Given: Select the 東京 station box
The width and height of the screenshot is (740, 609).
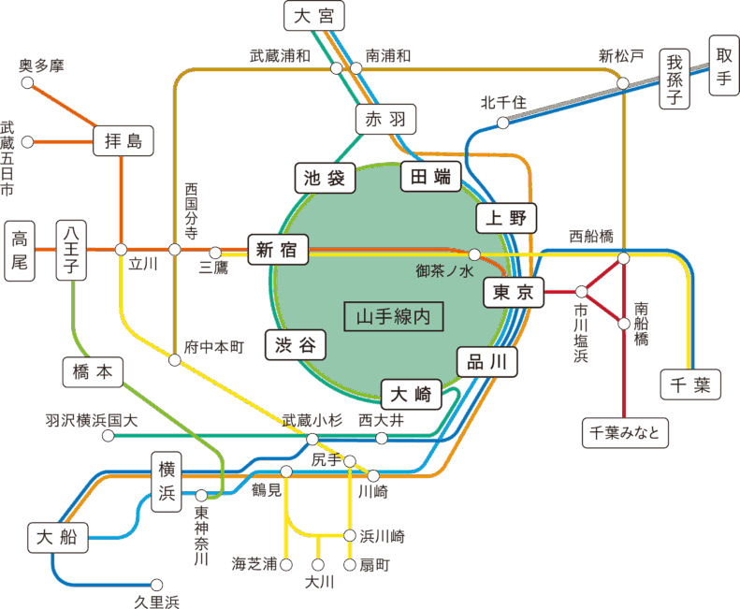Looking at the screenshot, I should click(513, 293).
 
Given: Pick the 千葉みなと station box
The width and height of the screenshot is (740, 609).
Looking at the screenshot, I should click(626, 433).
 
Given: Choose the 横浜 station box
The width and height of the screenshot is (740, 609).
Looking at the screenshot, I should click(167, 482).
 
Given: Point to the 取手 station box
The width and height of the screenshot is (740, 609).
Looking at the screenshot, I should click(723, 66).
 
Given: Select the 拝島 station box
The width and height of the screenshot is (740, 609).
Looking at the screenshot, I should click(123, 142).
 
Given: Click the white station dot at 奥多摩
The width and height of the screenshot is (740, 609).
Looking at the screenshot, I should click(27, 82).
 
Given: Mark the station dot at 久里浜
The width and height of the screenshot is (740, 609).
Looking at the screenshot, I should click(157, 585).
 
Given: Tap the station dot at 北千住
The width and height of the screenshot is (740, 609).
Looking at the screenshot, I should click(502, 123).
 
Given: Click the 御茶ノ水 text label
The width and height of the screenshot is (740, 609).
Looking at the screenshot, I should click(446, 271).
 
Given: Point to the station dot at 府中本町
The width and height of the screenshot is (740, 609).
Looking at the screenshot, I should click(175, 360).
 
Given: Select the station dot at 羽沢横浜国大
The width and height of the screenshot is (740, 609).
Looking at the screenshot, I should click(108, 436).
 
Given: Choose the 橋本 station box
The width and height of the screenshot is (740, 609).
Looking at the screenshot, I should click(92, 371).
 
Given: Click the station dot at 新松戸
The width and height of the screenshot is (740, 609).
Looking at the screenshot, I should click(623, 84).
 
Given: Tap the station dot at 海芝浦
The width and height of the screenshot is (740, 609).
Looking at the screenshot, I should click(286, 565).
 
